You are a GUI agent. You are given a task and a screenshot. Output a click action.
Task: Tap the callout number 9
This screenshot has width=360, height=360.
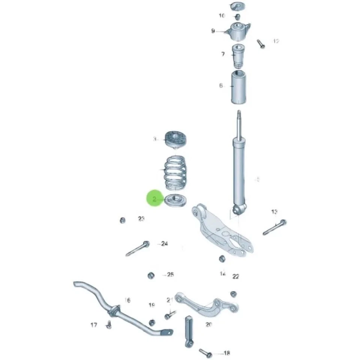click(x=213, y=31)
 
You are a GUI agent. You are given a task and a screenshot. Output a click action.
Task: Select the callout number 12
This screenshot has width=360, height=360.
click(x=276, y=41)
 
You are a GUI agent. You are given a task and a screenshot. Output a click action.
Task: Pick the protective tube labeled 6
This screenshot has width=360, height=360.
click(x=237, y=87)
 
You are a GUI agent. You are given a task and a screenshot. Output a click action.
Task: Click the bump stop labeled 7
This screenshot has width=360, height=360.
click(x=238, y=55)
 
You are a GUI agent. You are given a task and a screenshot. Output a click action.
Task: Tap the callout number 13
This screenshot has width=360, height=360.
click(x=274, y=212)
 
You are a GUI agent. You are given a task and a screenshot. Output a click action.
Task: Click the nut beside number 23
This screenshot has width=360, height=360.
click(x=122, y=220)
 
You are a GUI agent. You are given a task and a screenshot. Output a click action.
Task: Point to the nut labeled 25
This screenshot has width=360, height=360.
click(x=151, y=276)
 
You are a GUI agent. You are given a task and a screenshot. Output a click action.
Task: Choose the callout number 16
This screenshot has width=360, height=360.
click(x=127, y=300)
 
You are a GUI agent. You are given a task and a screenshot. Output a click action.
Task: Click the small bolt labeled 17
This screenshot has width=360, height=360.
click(x=109, y=324)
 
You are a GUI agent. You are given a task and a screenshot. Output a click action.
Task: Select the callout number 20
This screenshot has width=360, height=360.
click(x=208, y=325)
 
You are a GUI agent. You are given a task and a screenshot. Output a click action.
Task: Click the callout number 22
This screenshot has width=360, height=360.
click(x=235, y=277)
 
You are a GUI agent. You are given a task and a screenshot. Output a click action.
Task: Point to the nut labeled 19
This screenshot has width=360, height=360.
click(x=152, y=322)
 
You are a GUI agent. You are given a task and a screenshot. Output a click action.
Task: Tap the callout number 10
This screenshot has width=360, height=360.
click(x=222, y=15)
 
